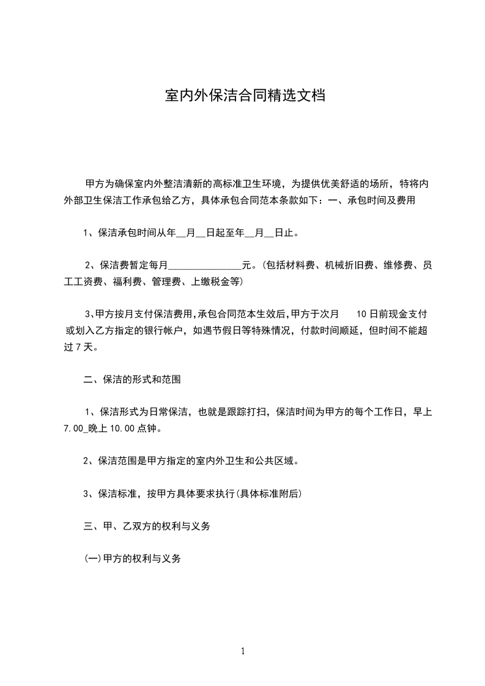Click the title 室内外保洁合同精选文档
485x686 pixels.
click(245, 95)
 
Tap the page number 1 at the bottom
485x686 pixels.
click(243, 651)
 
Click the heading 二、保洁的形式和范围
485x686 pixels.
click(132, 380)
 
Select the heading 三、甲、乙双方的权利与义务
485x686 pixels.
click(147, 526)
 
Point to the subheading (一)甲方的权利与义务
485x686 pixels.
click(133, 559)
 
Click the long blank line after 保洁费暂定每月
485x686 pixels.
click(205, 266)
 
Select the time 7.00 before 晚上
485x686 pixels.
click(73, 429)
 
